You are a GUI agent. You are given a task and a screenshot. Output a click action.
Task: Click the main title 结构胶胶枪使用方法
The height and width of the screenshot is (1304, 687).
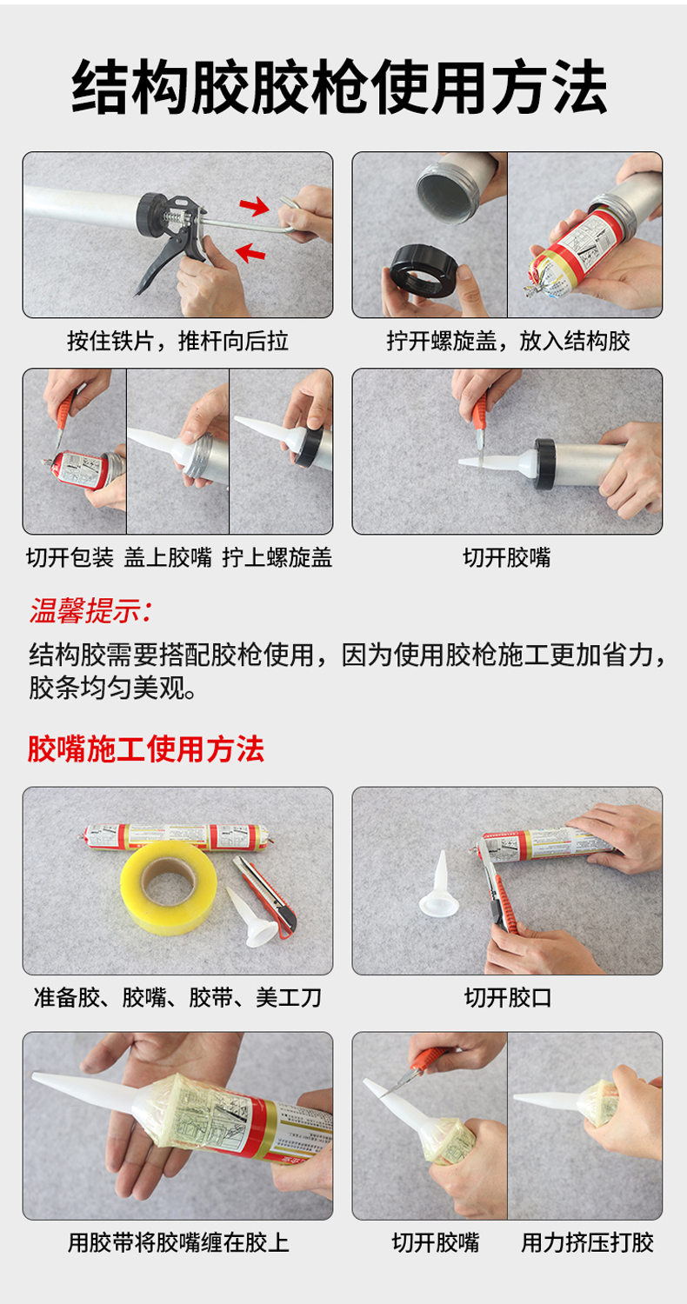point(339,87)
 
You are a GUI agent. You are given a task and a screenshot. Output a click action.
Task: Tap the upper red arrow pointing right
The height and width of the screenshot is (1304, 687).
point(255,205)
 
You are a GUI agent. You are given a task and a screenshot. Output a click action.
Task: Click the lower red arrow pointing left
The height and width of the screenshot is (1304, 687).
point(250,252)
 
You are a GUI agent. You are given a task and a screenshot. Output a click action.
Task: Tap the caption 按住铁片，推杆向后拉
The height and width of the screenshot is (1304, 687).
point(177,341)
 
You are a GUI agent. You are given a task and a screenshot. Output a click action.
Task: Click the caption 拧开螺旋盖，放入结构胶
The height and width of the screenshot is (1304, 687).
point(508,341)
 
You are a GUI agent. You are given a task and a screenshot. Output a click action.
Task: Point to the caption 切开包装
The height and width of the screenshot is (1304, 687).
point(70,558)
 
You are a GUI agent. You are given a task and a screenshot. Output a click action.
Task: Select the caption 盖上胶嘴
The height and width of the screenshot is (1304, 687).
point(168,558)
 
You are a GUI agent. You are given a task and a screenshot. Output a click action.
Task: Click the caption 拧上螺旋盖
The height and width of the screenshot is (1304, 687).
point(277,558)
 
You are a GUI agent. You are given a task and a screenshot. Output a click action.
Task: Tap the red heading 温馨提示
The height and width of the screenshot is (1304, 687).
point(90,611)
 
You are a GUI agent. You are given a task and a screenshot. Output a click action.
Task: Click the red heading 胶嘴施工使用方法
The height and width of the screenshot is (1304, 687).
point(145,748)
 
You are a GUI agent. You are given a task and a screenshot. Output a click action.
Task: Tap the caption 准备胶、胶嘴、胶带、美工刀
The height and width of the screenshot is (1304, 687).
point(177,998)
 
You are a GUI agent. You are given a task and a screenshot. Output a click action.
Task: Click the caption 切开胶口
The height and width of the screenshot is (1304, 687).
point(508,998)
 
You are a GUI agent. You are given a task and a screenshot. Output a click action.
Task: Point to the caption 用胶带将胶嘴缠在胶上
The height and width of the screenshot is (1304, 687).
point(178,1243)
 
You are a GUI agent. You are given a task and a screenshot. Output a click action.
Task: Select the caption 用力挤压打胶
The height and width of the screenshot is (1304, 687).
point(588,1243)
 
